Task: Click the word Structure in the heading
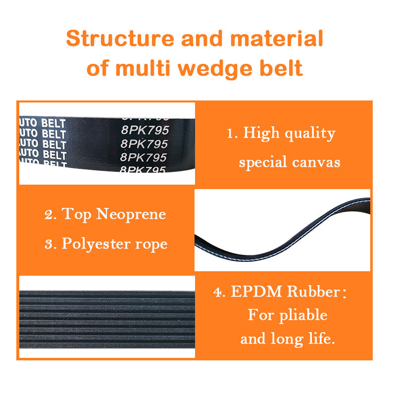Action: (x=120, y=39)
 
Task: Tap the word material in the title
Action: (x=277, y=39)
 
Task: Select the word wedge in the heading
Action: (x=215, y=69)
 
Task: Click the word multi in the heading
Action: (x=143, y=68)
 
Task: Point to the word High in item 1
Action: (x=261, y=133)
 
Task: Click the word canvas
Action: (x=316, y=162)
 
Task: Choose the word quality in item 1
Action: (x=310, y=134)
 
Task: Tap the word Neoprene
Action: (x=131, y=215)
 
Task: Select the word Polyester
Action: (x=96, y=245)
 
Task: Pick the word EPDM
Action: (x=256, y=292)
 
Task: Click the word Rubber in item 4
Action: (x=314, y=292)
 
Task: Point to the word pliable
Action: (x=303, y=315)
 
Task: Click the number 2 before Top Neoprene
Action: (x=49, y=215)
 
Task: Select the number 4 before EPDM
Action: (x=217, y=293)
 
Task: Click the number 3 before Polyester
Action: (x=49, y=245)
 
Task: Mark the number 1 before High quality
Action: (x=230, y=134)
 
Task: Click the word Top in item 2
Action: (x=76, y=215)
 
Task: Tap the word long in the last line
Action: (x=287, y=339)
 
